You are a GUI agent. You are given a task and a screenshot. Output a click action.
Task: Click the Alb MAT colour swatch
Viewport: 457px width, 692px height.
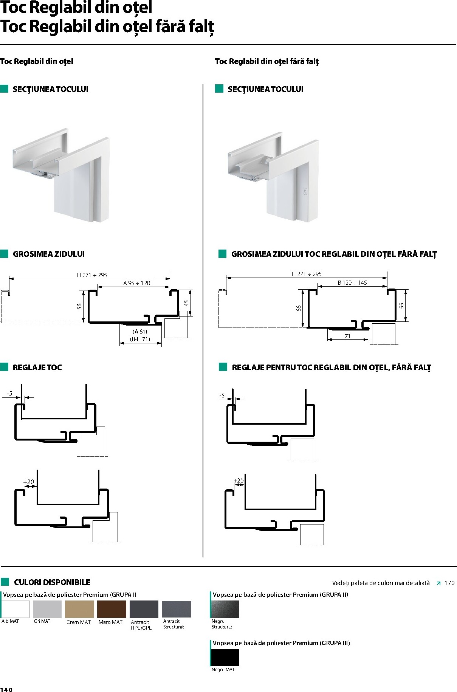tap(15, 609)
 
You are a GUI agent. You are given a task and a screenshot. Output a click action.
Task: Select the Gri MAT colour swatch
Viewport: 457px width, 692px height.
tap(47, 609)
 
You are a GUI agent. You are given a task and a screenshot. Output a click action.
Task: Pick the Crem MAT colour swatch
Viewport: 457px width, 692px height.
tap(79, 609)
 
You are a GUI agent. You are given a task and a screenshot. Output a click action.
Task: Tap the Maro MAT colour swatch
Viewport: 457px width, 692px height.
tap(112, 609)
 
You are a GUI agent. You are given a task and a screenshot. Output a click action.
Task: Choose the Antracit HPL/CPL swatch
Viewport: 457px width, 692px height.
tap(144, 609)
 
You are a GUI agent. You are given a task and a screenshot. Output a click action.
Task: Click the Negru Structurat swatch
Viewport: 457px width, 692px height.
tap(225, 609)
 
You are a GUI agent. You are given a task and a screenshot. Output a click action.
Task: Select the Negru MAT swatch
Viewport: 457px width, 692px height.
tap(225, 657)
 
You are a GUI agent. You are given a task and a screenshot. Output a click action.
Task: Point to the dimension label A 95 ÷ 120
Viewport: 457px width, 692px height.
tap(136, 283)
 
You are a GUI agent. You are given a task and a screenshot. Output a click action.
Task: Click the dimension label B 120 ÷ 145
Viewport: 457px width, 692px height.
tap(352, 283)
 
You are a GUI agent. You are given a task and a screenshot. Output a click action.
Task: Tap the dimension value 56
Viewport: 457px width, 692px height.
tap(80, 307)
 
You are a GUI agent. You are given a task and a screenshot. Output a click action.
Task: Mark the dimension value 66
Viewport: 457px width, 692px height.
tap(299, 309)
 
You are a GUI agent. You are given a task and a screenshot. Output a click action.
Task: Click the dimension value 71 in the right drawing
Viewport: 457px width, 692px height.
tap(347, 336)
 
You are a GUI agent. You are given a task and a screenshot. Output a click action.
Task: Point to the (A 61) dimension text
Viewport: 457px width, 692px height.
tap(140, 332)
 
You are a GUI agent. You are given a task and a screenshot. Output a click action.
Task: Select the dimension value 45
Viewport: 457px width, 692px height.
tap(186, 303)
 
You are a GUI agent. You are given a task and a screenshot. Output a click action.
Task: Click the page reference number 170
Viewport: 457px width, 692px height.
tap(449, 583)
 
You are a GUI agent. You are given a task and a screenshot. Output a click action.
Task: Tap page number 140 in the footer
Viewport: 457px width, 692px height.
tap(6, 690)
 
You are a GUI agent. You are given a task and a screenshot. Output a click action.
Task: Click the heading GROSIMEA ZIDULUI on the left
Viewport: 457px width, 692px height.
tap(49, 254)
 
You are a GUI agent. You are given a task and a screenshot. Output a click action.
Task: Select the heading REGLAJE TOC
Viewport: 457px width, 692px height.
tap(37, 368)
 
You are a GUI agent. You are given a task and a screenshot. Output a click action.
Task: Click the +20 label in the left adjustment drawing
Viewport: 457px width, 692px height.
tap(29, 482)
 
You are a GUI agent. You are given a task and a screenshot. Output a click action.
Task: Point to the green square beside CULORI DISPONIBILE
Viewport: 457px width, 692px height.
tap(5, 582)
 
